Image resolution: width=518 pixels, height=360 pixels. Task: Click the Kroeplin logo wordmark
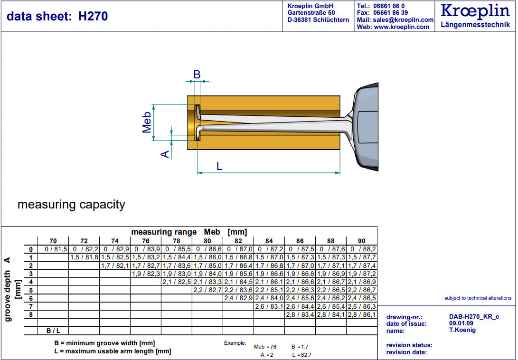475,11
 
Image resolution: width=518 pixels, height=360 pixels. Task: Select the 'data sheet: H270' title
57,17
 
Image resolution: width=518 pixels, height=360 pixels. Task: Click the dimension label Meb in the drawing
147,122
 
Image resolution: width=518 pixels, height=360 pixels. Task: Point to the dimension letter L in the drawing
219,166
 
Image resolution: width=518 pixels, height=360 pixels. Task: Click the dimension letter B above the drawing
197,75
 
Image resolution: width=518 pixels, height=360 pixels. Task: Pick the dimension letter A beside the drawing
165,154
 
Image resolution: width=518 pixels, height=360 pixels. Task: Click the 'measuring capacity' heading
71,205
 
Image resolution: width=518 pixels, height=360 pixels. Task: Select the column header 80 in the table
207,241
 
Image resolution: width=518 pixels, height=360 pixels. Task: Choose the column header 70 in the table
53,241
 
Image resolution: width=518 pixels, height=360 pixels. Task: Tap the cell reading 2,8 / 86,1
362,314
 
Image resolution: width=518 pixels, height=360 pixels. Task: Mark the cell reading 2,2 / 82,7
207,290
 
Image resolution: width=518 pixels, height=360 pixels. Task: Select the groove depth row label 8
30,314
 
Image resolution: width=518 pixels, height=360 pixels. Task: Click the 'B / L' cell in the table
53,330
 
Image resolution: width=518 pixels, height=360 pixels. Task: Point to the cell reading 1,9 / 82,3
146,274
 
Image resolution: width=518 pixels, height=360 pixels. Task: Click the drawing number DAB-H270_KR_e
474,317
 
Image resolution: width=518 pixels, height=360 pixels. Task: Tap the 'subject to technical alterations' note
478,298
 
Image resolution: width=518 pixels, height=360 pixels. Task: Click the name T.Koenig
462,330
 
